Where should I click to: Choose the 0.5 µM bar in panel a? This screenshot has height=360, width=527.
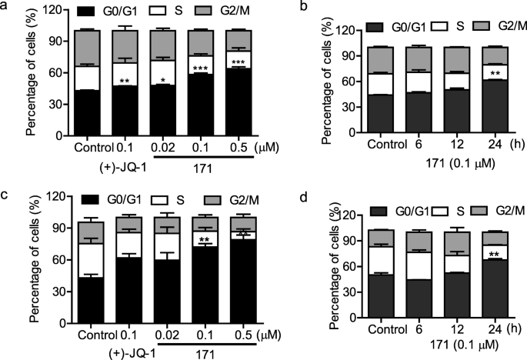(x=218, y=92)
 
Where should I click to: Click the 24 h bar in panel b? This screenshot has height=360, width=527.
(x=487, y=92)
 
